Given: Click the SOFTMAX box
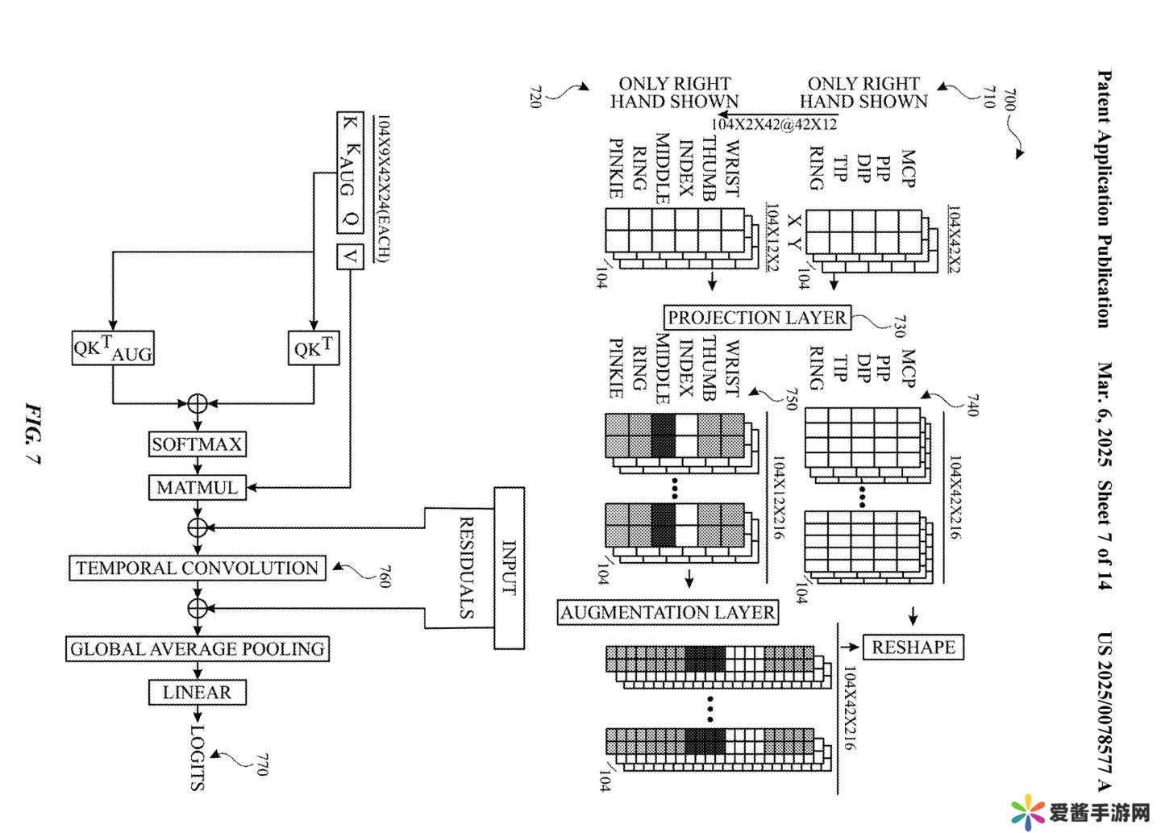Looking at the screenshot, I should [x=197, y=444].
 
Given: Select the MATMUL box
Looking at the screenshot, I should [x=197, y=488].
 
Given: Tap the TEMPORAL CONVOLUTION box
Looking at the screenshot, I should [x=197, y=569].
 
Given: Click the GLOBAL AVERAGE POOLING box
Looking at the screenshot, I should [x=197, y=649].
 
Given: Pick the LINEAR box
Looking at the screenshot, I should [x=197, y=693].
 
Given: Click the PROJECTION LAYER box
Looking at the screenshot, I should [x=757, y=318].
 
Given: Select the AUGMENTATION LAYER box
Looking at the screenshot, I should [x=668, y=613].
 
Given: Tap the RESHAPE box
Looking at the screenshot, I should [x=913, y=648].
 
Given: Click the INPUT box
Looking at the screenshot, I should [x=509, y=568].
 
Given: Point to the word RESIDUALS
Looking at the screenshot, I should [x=466, y=568].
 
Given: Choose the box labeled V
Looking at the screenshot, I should [x=350, y=256].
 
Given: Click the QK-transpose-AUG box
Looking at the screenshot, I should [x=113, y=349].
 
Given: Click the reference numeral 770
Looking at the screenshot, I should [x=260, y=764].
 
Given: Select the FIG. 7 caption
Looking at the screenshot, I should [x=32, y=435].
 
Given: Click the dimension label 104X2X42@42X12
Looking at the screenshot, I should [x=774, y=124].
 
